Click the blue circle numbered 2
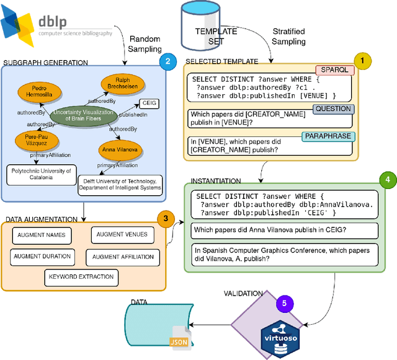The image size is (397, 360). point(166,61)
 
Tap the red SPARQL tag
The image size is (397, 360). point(335,70)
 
